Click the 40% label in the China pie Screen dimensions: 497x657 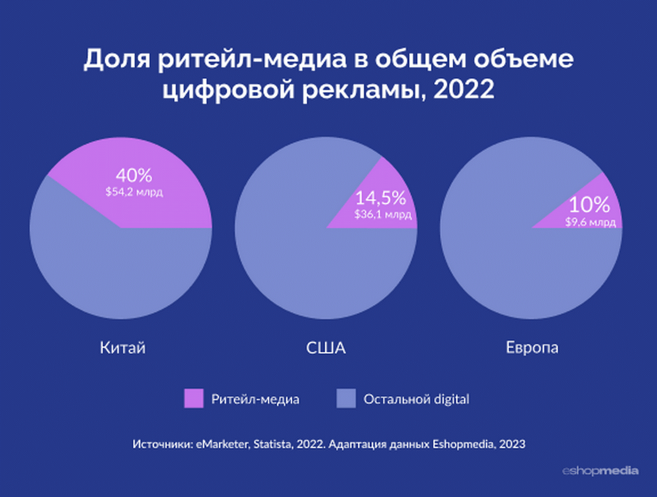(x=134, y=176)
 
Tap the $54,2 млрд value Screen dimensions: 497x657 (x=134, y=192)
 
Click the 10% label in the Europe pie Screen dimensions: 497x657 (x=589, y=205)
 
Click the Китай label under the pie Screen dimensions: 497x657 (x=123, y=348)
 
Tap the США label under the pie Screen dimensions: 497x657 (x=326, y=348)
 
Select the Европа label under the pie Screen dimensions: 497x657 (x=532, y=348)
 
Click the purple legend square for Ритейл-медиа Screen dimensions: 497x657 (x=194, y=398)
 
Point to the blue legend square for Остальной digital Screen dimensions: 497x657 (x=345, y=398)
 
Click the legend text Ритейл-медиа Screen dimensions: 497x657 (x=255, y=399)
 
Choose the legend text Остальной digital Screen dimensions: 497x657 (x=416, y=399)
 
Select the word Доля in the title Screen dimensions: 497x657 (x=116, y=59)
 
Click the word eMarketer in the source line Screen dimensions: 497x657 (x=221, y=444)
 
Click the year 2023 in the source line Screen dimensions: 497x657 (x=513, y=444)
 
